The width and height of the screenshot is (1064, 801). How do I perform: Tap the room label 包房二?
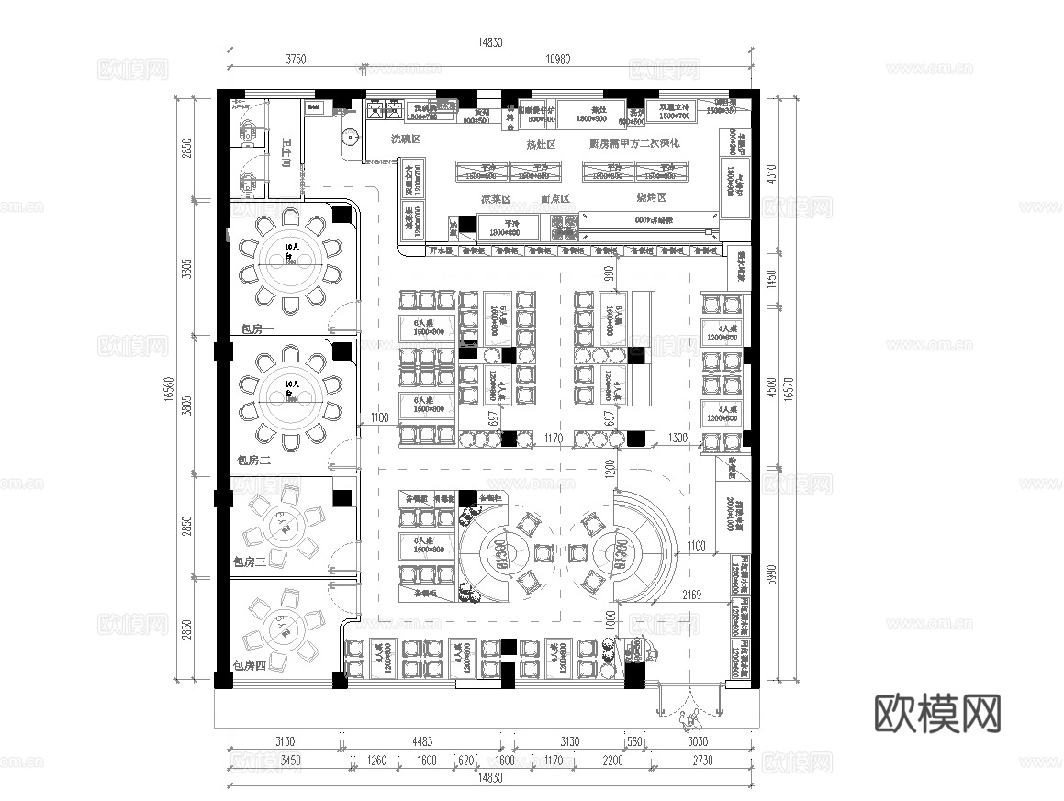coord(254,460)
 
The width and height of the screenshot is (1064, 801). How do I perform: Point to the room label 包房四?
coord(249,666)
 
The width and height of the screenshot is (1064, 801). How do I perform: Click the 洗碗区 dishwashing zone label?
coord(405,139)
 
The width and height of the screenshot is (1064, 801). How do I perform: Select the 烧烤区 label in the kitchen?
coord(651,197)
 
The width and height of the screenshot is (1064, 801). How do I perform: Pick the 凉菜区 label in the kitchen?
coord(495,198)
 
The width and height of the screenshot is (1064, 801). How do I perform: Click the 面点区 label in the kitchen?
coord(555,198)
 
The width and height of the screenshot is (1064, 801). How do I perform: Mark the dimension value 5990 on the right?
coord(771,573)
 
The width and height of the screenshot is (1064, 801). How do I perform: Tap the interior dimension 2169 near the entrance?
coord(691,595)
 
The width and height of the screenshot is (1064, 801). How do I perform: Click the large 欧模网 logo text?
coord(935,713)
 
